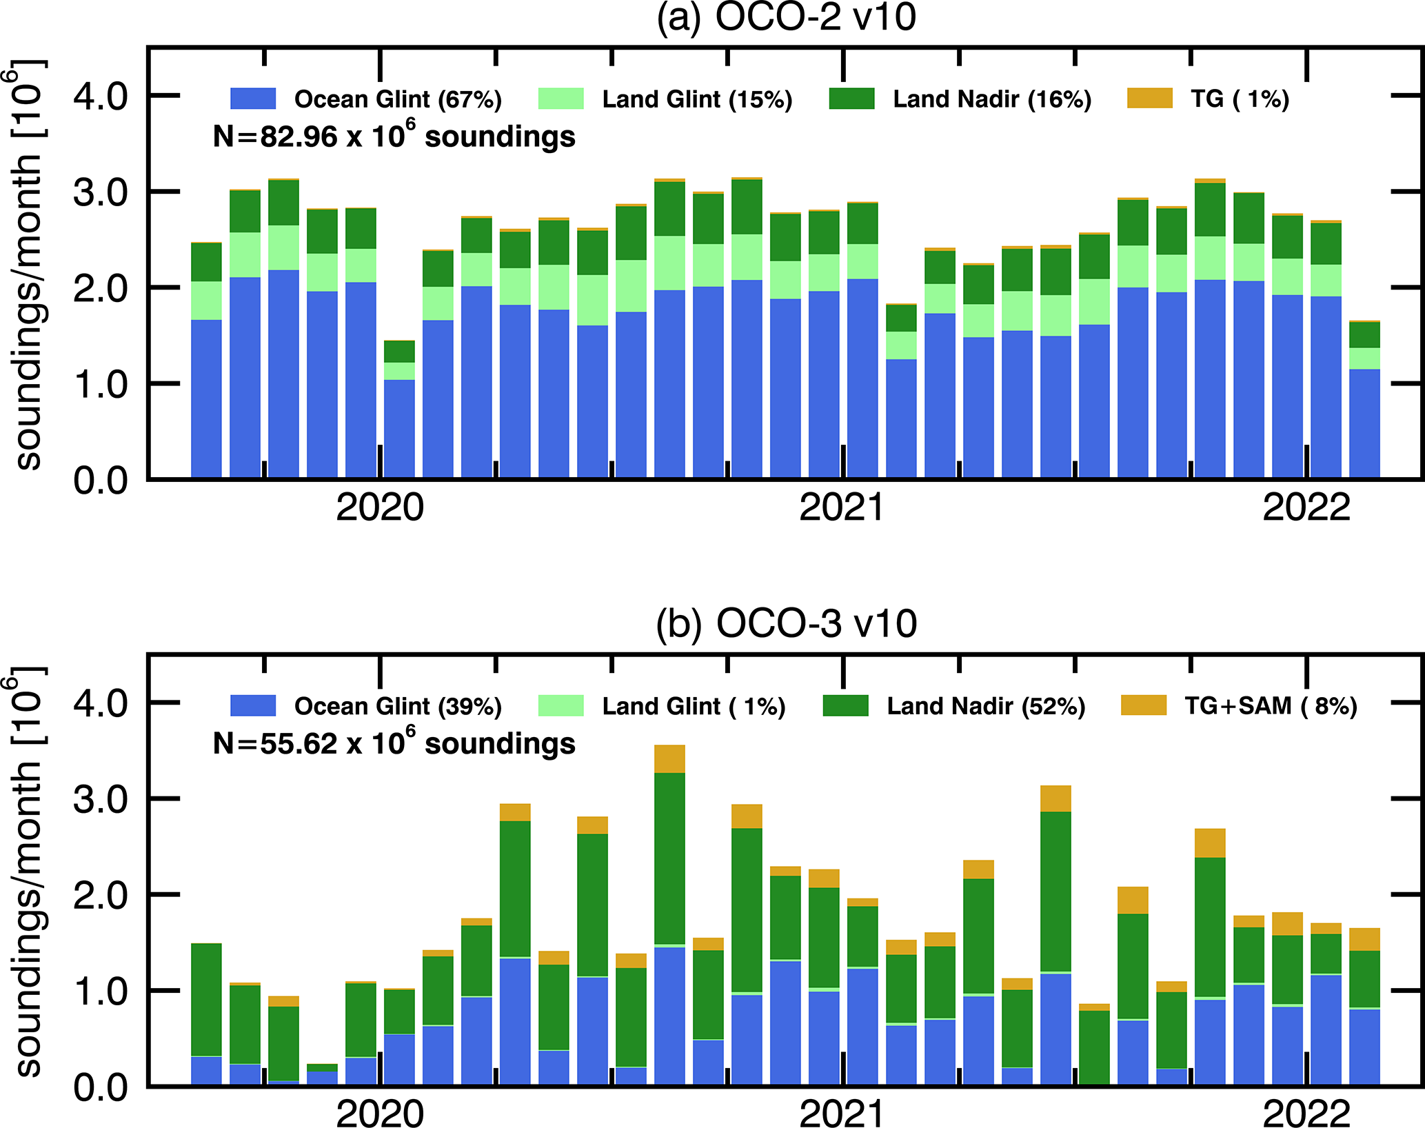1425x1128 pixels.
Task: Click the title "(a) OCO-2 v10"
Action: (786, 18)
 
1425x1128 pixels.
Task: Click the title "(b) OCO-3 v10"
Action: (786, 625)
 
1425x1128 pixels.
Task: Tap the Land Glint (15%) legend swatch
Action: (560, 99)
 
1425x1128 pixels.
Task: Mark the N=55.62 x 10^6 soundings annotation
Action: (394, 743)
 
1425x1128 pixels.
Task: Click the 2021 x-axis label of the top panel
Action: (842, 509)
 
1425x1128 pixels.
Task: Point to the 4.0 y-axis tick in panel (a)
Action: (101, 97)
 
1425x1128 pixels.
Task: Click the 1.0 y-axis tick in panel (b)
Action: (101, 991)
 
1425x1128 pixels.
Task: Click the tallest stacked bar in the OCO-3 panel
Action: (669, 917)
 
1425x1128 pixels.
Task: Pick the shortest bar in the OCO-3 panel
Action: (322, 1076)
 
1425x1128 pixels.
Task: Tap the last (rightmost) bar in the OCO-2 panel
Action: (1364, 400)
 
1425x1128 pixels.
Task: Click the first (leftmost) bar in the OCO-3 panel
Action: (206, 1014)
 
